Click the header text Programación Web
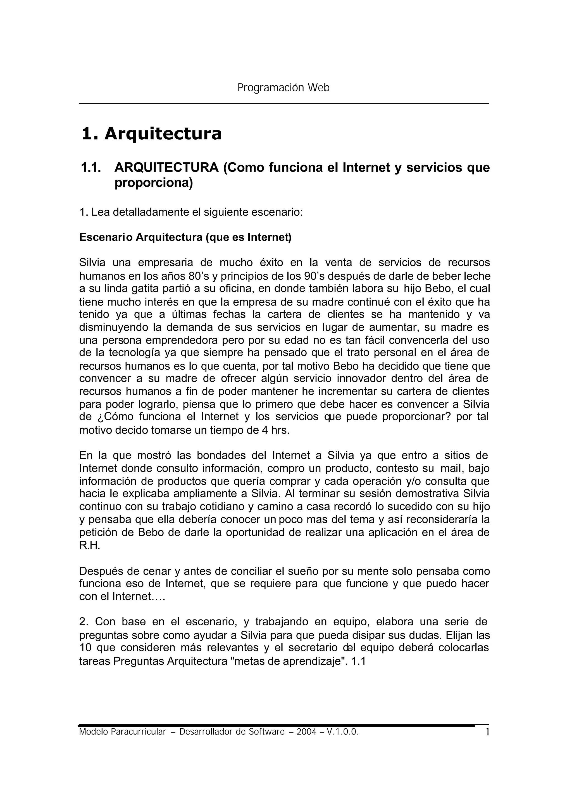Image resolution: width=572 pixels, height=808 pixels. pos(283,88)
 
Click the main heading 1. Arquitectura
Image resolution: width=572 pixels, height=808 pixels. pos(151,134)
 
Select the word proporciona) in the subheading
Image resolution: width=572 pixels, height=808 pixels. pos(154,183)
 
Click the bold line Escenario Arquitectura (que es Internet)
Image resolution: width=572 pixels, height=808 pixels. pos(185,237)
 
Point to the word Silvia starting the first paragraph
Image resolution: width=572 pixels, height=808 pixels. pos(90,263)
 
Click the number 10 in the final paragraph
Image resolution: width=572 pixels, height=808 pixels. pos(85,648)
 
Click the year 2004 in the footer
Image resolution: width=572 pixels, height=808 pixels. pos(306,732)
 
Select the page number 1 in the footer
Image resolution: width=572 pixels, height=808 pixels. pos(487,733)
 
